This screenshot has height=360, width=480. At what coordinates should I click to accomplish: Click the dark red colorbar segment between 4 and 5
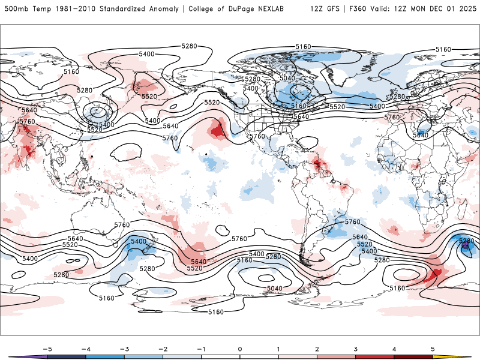414,356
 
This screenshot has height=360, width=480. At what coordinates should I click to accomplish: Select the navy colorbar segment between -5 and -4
66,356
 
